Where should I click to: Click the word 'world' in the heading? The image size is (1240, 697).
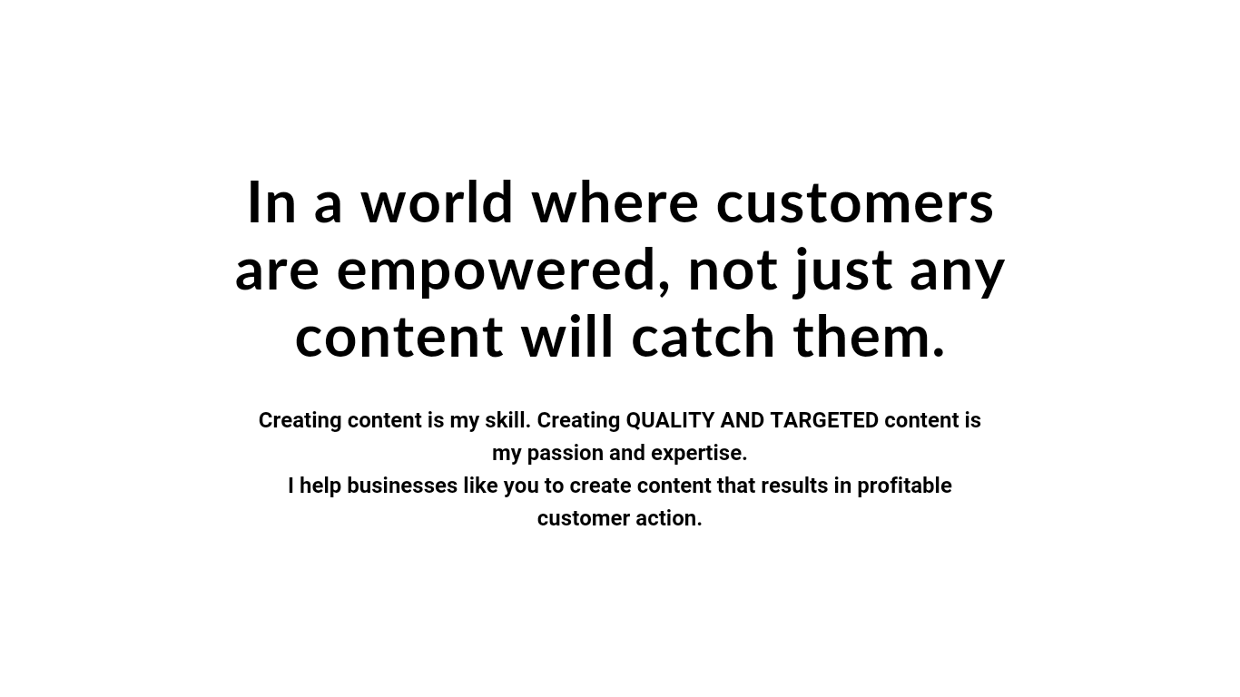(x=437, y=202)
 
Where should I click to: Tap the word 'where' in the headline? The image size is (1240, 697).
(x=615, y=202)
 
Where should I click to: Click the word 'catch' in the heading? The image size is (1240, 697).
(x=703, y=336)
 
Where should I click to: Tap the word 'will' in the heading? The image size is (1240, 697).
(x=567, y=336)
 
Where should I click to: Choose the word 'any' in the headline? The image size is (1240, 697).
(x=957, y=275)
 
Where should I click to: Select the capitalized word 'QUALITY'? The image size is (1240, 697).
(x=670, y=421)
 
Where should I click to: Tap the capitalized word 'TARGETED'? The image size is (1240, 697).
(x=824, y=421)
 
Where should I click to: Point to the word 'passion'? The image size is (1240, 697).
(x=566, y=454)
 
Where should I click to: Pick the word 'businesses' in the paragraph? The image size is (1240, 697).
(x=402, y=486)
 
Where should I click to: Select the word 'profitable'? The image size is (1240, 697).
(x=904, y=486)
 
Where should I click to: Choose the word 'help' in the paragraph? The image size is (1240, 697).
(x=320, y=486)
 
